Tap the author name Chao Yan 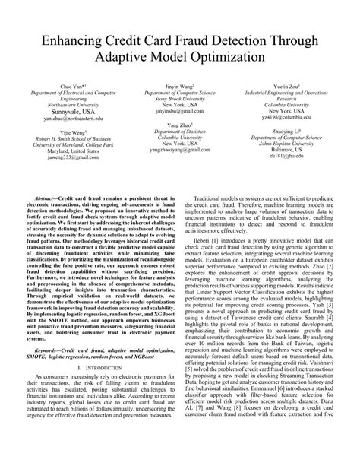click(53, 87)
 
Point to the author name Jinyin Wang click(181, 87)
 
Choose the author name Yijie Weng click(53, 132)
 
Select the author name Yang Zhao click(181, 123)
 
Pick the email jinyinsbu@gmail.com click(181, 112)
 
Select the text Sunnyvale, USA click(53, 112)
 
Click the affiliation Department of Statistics click(181, 130)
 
